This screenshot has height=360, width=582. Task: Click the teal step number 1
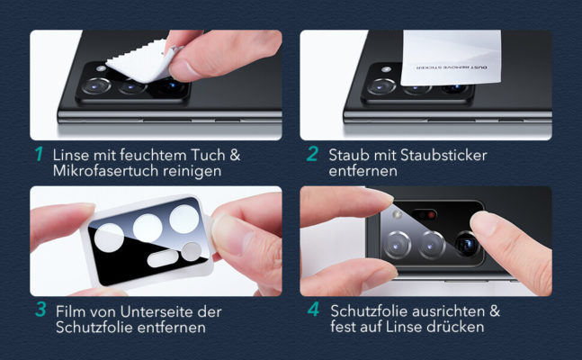(x=39, y=154)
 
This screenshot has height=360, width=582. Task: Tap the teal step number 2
(x=312, y=154)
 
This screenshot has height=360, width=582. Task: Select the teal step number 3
(x=40, y=309)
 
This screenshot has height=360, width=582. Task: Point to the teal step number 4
(x=313, y=309)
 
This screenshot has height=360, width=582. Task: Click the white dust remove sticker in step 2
(x=451, y=58)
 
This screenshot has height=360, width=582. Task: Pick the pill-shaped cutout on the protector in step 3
(x=163, y=258)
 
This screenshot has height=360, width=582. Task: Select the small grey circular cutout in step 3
(x=192, y=251)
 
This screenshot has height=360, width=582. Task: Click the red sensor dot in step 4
(x=431, y=215)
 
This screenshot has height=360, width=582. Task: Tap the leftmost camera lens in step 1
(x=96, y=85)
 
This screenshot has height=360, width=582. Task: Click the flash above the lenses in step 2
(x=386, y=69)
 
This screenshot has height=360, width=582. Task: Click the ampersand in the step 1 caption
(x=235, y=156)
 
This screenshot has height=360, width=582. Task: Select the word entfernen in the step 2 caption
(x=363, y=171)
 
